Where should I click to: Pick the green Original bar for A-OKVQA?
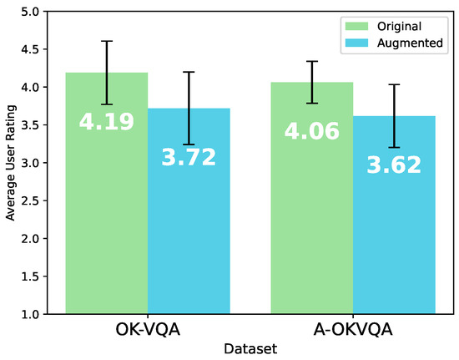[311, 234]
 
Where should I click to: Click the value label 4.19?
[107, 123]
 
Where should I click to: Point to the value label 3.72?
[189, 157]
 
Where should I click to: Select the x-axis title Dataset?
[250, 347]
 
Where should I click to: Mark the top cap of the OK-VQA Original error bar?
[107, 41]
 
